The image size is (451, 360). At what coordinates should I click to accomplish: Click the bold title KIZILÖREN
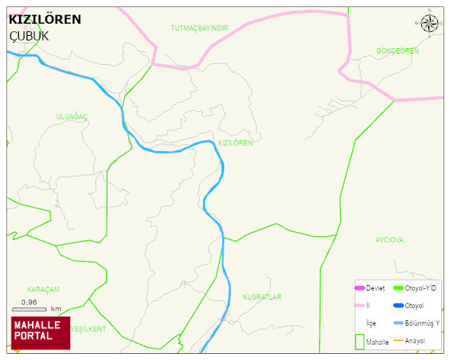pos(44,19)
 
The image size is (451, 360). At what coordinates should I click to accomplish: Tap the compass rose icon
pos(430,24)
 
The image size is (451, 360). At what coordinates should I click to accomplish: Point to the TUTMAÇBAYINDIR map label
pos(199,28)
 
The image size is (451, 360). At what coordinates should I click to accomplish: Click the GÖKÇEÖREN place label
pos(398,51)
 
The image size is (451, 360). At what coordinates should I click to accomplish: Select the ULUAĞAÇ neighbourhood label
pos(72,116)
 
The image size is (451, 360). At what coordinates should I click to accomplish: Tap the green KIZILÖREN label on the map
pos(235,143)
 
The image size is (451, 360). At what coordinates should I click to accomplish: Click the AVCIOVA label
pos(389,239)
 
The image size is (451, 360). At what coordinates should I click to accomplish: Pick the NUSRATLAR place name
pos(263,297)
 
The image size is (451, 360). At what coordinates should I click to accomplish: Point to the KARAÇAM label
pos(43,289)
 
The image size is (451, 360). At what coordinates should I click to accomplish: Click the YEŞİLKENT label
pos(88,329)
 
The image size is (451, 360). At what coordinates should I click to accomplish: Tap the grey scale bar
pos(30,309)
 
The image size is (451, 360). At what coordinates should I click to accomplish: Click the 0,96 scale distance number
pos(29,302)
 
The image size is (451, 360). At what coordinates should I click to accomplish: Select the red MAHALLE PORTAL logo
pos(40,333)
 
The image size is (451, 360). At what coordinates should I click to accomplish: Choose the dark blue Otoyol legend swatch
pos(398,305)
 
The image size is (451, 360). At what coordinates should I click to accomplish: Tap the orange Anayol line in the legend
pos(398,340)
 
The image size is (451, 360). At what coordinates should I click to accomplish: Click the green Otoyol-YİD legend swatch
pos(398,288)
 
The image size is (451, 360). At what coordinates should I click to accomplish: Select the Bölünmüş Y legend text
pos(422,323)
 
